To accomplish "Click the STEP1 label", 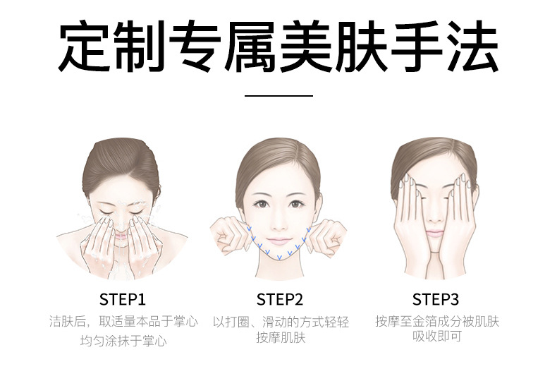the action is pos(123,300).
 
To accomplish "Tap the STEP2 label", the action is pos(280,300).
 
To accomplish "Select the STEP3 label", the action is pos(436,300).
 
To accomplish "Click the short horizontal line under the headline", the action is pos(279,96).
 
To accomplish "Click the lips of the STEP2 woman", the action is pos(279,242).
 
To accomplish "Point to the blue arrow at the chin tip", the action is pos(280,257).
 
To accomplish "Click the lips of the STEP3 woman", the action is pos(435,234).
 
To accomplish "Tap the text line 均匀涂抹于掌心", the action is pos(123,341).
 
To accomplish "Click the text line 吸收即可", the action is pos(437,336).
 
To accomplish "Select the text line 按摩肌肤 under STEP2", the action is pos(281,338).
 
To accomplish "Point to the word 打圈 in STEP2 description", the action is pos(238,322).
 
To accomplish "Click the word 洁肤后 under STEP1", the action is pos(68,322).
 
